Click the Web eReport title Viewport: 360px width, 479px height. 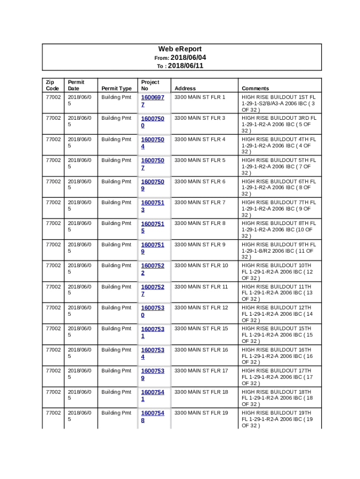click(x=180, y=49)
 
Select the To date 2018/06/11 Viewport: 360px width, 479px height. click(x=186, y=66)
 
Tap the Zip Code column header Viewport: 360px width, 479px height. click(x=52, y=85)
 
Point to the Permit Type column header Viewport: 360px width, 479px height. click(x=116, y=88)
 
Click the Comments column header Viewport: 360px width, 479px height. click(x=255, y=88)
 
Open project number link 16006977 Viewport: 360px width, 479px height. click(x=152, y=101)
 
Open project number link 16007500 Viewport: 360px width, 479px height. click(x=152, y=122)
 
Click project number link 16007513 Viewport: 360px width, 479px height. click(x=152, y=206)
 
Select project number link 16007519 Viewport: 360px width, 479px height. click(x=152, y=248)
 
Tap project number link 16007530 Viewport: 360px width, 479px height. click(x=152, y=311)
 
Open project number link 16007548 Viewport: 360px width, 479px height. click(x=152, y=416)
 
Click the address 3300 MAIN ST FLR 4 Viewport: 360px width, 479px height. click(x=200, y=139)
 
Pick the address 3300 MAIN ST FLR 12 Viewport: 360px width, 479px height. click(x=201, y=308)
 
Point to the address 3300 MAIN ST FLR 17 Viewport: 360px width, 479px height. click(x=201, y=371)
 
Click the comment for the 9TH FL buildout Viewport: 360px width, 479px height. click(x=279, y=250)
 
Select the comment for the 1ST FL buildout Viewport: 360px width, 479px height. click(x=279, y=103)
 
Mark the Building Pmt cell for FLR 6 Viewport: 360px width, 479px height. click(x=116, y=181)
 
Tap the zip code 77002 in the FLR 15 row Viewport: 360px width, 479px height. click(x=52, y=329)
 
